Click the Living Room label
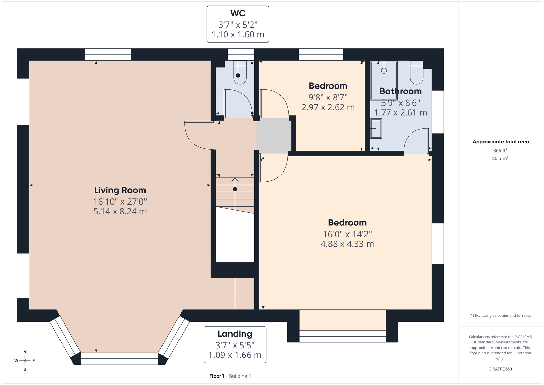click(120, 190)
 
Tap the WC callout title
click(238, 13)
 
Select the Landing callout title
click(235, 334)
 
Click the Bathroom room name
click(401, 91)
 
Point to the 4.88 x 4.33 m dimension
click(347, 244)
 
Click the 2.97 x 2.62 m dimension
click(328, 107)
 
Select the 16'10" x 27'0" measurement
click(120, 202)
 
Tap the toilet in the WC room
click(240, 73)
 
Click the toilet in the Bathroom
click(417, 73)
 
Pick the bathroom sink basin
click(376, 128)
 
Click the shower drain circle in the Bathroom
click(384, 71)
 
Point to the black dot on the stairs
click(235, 189)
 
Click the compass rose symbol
click(25, 360)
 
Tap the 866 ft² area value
click(500, 150)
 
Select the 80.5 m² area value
click(500, 158)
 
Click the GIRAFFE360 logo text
click(500, 369)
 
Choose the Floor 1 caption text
click(217, 376)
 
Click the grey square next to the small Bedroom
click(274, 135)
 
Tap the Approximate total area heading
click(500, 142)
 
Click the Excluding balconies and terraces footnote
click(500, 316)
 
